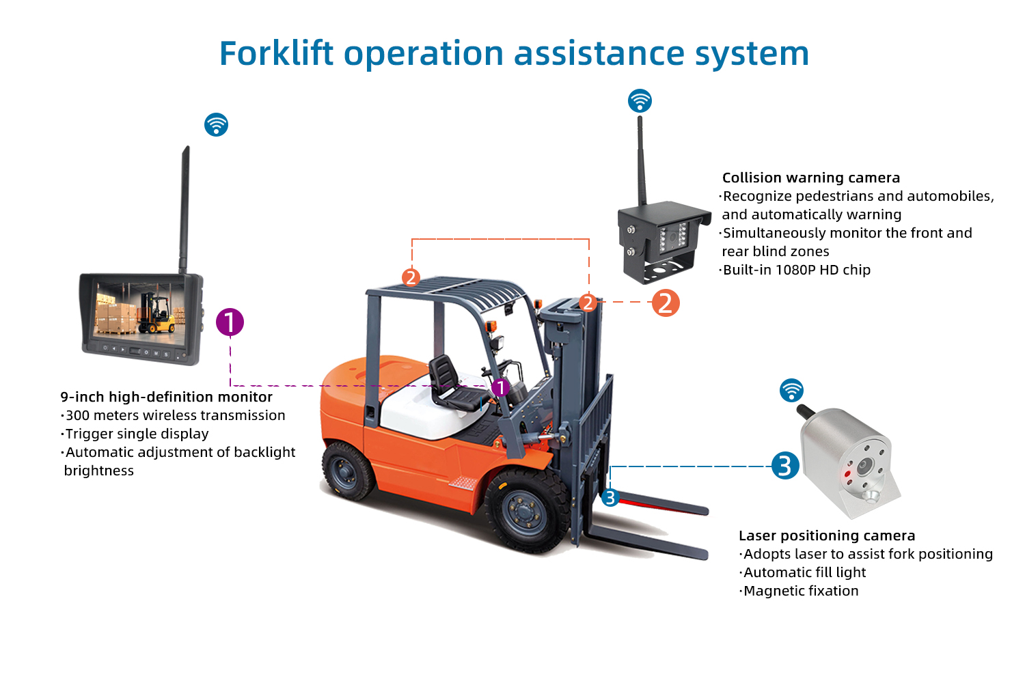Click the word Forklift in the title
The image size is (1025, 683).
point(276,53)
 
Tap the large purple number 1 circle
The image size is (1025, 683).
point(230,322)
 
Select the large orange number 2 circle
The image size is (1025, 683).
point(666,303)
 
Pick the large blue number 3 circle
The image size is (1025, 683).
point(785,466)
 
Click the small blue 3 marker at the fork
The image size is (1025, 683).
point(610,498)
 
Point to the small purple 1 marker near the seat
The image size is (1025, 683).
point(501,388)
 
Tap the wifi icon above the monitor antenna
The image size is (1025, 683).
point(216,124)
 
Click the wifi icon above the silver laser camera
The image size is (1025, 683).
point(791,390)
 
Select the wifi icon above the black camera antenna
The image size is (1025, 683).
point(640,100)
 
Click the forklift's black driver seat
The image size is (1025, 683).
point(451,385)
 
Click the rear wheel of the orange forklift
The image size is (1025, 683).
point(348,471)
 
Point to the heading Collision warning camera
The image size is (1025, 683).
point(811,178)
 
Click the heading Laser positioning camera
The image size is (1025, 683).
point(827,535)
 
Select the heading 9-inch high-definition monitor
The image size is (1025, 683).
point(167,397)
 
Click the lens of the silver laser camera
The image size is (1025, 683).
point(864,466)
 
